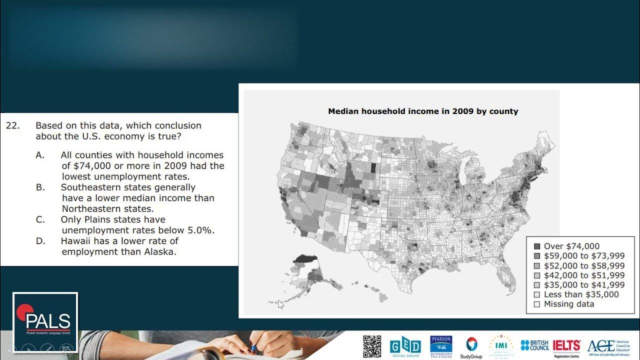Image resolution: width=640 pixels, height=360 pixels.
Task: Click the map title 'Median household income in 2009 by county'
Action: [423, 111]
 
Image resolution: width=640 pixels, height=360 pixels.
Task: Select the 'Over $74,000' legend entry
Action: [571, 246]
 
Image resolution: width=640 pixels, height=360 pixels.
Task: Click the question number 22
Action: [12, 126]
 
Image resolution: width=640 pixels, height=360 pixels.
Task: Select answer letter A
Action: [40, 155]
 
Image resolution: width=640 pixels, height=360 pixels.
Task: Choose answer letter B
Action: [40, 187]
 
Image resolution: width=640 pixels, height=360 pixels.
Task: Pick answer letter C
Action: [40, 219]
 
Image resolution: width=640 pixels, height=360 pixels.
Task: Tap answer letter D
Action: [40, 241]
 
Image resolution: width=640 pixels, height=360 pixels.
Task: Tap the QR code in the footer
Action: [372, 346]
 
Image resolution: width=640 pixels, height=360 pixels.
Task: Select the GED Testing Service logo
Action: [405, 346]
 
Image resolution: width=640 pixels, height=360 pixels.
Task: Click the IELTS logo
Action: [566, 345]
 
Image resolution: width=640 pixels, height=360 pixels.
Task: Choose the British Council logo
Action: [534, 345]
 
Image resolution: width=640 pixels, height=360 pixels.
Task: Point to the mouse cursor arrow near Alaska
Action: [280, 304]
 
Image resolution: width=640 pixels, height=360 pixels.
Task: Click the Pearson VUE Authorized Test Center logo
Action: [441, 346]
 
